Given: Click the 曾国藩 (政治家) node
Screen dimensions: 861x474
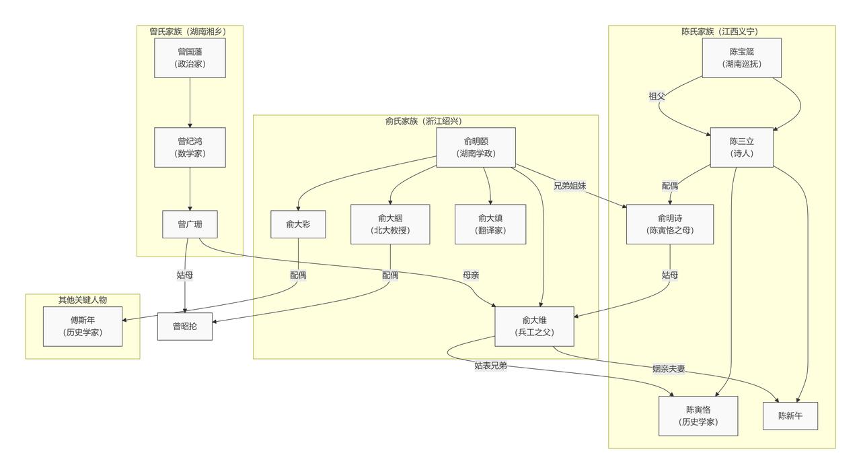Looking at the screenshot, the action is (190, 58).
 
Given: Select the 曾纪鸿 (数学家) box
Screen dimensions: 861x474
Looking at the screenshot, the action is (190, 147).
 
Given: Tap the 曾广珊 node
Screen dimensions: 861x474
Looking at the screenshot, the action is (190, 224).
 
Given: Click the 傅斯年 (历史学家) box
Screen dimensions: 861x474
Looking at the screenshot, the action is (83, 327).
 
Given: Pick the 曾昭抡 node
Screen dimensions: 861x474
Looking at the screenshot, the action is (185, 327).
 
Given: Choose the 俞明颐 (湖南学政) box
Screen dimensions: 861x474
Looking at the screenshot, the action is (476, 147).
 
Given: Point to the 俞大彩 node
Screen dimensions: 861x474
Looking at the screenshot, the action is (298, 224).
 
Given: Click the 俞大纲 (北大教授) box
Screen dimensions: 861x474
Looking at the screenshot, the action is (390, 224).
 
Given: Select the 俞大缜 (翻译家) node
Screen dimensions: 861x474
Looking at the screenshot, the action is (490, 224).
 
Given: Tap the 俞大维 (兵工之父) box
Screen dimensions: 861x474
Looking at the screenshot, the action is (534, 327).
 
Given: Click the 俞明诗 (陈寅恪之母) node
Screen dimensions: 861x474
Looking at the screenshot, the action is (670, 224).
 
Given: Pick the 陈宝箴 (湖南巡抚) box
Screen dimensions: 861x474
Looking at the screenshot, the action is (742, 58).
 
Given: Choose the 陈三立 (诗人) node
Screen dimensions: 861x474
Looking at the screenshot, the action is (742, 147).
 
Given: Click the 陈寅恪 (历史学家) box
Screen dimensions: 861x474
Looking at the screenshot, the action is (698, 416).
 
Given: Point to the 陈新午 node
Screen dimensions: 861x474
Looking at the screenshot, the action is (790, 416).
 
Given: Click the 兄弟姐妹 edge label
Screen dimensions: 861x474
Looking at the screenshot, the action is (570, 186).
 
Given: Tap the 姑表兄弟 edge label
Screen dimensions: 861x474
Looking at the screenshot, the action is (491, 366).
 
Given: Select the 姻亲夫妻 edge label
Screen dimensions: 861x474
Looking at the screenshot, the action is (669, 368).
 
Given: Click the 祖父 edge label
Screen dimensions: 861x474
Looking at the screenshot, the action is (657, 96).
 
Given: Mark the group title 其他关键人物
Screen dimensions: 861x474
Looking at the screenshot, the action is (83, 300).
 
